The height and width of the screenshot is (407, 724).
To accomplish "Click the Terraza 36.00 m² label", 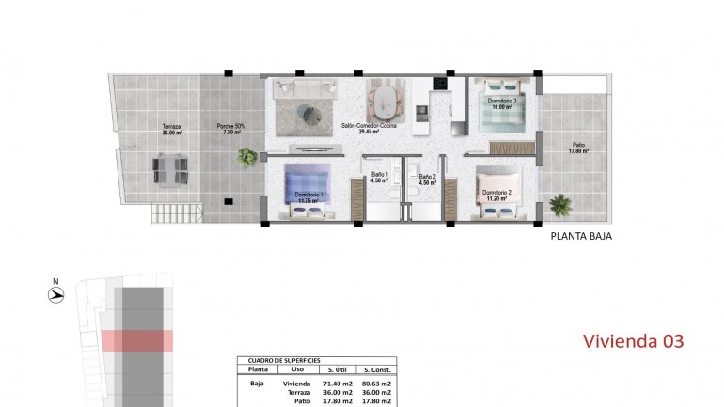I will click(x=171, y=130).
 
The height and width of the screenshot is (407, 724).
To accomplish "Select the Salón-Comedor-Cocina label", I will click(x=368, y=129).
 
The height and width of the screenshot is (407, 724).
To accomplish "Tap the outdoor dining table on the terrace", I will click(x=170, y=169).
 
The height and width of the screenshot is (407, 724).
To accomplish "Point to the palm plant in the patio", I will click(x=561, y=203).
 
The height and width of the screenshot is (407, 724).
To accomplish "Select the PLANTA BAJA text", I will click(x=581, y=238).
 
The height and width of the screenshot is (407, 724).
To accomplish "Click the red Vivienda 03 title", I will click(x=633, y=339).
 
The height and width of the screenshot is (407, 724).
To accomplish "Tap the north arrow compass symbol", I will click(x=56, y=294).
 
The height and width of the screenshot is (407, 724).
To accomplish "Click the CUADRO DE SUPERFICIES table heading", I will click(x=283, y=361).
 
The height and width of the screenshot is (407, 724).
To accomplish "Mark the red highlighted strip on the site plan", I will click(x=137, y=340).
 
